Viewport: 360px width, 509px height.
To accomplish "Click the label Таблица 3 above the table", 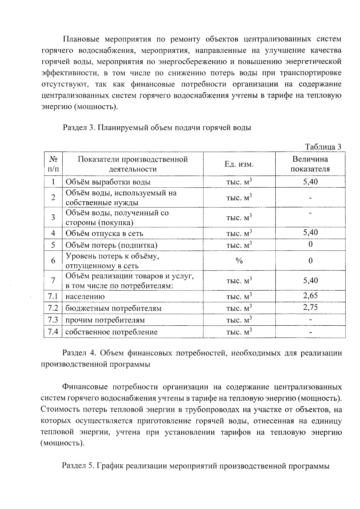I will [323, 147].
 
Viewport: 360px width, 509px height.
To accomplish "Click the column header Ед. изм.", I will [239, 164].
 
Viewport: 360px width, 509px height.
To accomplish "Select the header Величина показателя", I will [310, 164].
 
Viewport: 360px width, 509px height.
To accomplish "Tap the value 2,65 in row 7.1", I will [310, 296].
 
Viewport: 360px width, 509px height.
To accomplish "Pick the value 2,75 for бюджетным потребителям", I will [310, 307].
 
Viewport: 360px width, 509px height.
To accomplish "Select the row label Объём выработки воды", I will [108, 182].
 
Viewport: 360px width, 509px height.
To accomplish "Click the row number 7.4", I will [53, 332].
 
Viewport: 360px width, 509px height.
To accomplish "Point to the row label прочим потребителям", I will [105, 320].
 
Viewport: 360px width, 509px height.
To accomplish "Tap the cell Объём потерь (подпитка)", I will [111, 245].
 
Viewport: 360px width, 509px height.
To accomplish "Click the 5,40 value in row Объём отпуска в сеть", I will [310, 232].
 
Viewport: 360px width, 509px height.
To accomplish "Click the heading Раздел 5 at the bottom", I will [78, 466].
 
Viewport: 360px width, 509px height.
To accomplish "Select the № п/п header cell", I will [53, 164].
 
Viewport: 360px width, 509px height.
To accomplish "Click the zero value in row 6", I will [310, 261].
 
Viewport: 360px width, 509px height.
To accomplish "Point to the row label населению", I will [85, 297].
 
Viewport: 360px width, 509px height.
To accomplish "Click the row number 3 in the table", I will [53, 217].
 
